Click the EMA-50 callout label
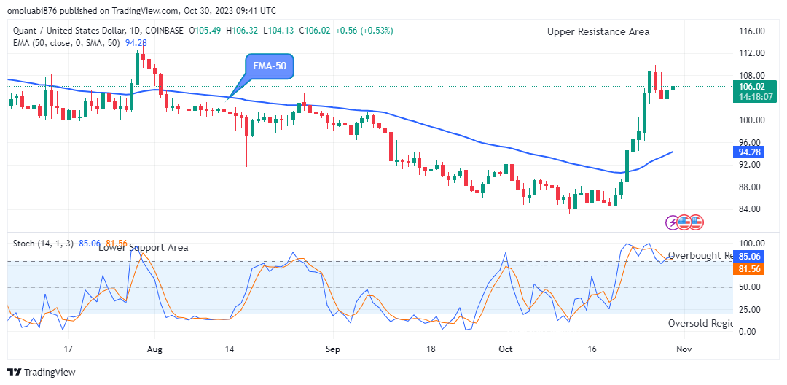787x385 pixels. coord(269,66)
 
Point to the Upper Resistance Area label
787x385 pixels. coord(598,31)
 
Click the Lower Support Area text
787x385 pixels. coord(143,247)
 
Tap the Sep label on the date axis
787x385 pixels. coord(332,349)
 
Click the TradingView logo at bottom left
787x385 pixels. coord(43,372)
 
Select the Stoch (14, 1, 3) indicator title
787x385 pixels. coord(42,243)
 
